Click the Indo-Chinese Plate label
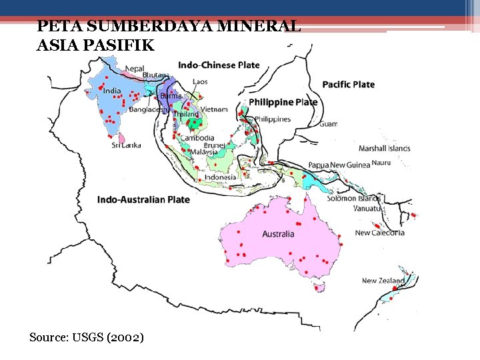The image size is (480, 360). pyautogui.click(x=219, y=65)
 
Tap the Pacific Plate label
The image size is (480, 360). pyautogui.click(x=348, y=85)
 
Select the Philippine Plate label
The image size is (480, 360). pyautogui.click(x=283, y=102)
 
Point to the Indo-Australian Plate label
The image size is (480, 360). pyautogui.click(x=143, y=199)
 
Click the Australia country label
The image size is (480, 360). pyautogui.click(x=278, y=234)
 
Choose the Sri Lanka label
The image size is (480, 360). pyautogui.click(x=126, y=145)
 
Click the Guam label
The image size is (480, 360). pyautogui.click(x=328, y=124)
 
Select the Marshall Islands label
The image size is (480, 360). pyautogui.click(x=385, y=148)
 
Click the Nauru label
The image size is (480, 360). pyautogui.click(x=381, y=163)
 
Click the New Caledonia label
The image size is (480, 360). pyautogui.click(x=379, y=233)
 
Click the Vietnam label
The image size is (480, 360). pyautogui.click(x=214, y=109)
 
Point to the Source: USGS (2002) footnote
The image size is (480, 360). pyautogui.click(x=86, y=337)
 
